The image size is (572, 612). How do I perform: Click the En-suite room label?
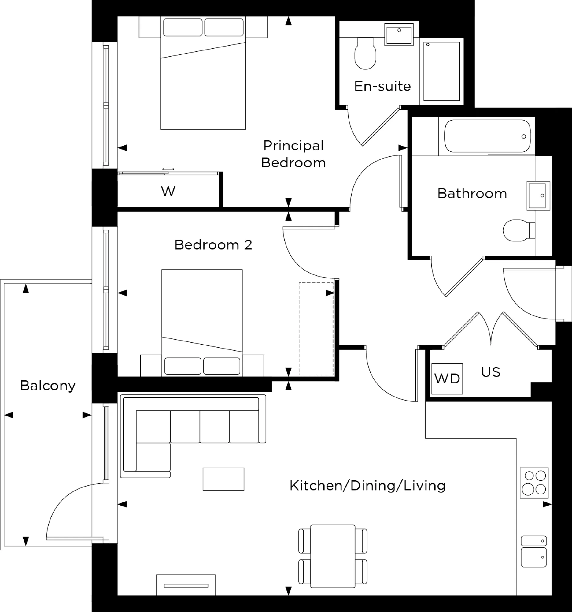tap(382, 87)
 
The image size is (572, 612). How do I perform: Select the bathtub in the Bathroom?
tap(487, 136)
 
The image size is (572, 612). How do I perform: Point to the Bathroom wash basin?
tap(538, 196)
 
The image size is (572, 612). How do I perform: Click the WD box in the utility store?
tap(447, 379)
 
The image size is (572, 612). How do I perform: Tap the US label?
tap(490, 372)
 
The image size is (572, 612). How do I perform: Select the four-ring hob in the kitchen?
tap(534, 483)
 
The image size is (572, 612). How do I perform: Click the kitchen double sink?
tap(533, 551)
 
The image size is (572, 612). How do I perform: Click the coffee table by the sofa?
tap(223, 479)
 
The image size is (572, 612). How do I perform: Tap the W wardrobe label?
tap(168, 192)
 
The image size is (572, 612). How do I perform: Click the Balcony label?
tap(48, 386)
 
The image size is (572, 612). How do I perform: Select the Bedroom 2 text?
tap(213, 245)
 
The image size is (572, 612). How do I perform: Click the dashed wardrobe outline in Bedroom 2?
tap(316, 328)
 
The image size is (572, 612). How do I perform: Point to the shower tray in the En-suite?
tap(441, 71)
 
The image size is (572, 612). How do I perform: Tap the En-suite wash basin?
tap(399, 35)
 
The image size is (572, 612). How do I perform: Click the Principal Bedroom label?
tap(293, 154)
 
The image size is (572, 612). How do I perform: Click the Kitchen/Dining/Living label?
tap(367, 486)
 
